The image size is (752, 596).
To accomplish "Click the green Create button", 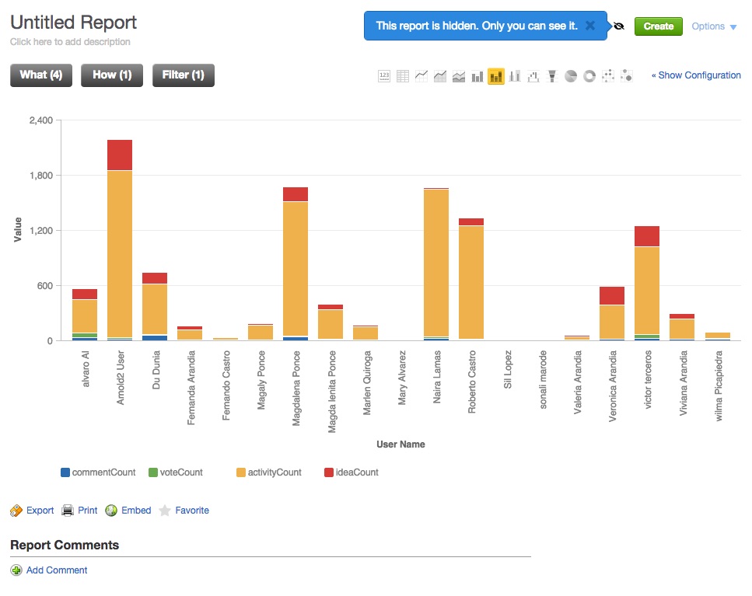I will pyautogui.click(x=658, y=26).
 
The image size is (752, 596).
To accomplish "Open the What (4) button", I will pyautogui.click(x=41, y=75).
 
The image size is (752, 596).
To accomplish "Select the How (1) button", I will pyautogui.click(x=112, y=75).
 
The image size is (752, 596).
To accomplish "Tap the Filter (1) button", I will pyautogui.click(x=184, y=75).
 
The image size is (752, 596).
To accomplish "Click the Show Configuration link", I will pyautogui.click(x=696, y=75).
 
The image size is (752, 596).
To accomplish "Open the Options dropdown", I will pyautogui.click(x=714, y=26).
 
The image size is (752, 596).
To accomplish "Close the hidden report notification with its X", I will pyautogui.click(x=590, y=26).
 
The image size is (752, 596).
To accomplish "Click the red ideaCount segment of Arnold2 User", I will pyautogui.click(x=120, y=155).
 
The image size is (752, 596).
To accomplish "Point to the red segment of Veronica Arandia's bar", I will pyautogui.click(x=612, y=295).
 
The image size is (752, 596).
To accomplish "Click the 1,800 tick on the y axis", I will pyautogui.click(x=40, y=176).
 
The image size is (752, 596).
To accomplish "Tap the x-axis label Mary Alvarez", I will pyautogui.click(x=402, y=378).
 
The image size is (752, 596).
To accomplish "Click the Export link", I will pyautogui.click(x=40, y=511).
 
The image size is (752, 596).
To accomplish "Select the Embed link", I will pyautogui.click(x=136, y=511).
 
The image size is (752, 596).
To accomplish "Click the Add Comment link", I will pyautogui.click(x=57, y=570).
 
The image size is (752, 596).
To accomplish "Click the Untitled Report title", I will pyautogui.click(x=74, y=23).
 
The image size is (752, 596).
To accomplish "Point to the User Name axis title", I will pyautogui.click(x=400, y=444).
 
